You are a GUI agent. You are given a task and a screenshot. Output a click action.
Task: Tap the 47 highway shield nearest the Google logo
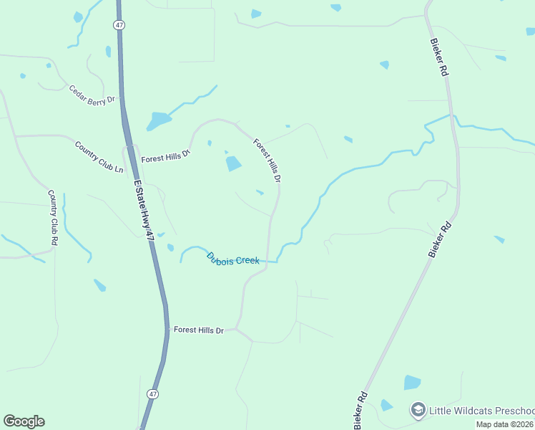tap(152, 394)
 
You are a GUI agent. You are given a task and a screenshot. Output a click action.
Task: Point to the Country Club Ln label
tap(99, 156)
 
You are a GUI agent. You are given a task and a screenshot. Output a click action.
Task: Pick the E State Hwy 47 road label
tap(144, 209)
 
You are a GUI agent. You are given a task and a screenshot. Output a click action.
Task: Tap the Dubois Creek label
tap(232, 258)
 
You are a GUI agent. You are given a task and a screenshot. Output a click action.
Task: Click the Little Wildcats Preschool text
tap(481, 411)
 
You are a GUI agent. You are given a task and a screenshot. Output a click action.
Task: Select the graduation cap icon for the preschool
tap(418, 410)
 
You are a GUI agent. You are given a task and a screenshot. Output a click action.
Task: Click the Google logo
tap(24, 421)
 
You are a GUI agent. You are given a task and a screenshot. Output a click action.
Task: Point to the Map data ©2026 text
tap(505, 424)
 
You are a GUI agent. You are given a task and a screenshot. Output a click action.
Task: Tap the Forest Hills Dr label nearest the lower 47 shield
tap(199, 330)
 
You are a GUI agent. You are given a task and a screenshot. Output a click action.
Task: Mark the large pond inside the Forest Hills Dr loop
tap(233, 164)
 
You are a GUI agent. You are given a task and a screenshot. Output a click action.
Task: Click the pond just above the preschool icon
tap(412, 382)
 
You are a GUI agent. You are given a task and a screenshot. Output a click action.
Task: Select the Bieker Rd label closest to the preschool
tap(360, 410)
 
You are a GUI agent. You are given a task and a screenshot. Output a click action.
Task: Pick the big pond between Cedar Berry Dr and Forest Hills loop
tap(158, 120)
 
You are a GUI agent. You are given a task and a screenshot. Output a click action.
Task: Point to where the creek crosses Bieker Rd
tap(453, 118)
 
